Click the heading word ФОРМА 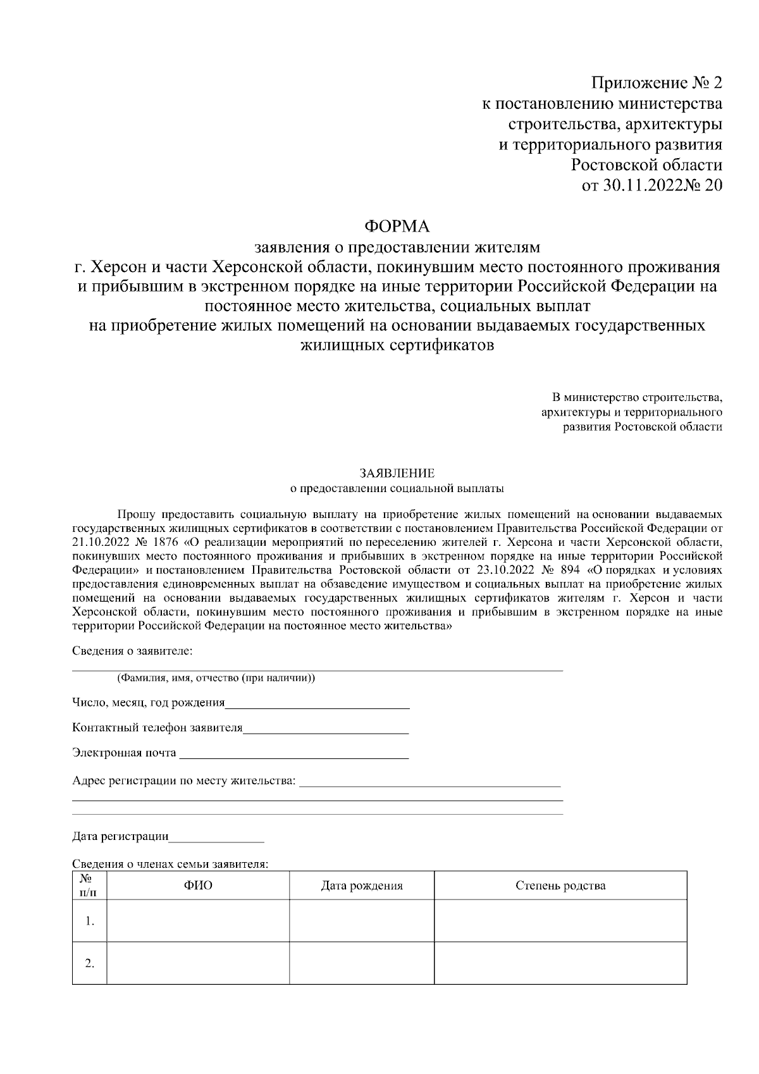[x=398, y=226]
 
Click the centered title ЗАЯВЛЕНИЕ [x=397, y=473]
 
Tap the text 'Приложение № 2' [x=657, y=83]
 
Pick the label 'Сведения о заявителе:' [x=132, y=651]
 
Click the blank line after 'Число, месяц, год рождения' [x=318, y=703]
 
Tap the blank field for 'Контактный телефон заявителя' [x=326, y=729]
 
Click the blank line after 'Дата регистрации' [x=216, y=838]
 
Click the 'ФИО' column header [x=198, y=886]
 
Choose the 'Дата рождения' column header [x=362, y=886]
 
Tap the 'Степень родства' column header [x=560, y=886]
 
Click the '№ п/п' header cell [x=89, y=886]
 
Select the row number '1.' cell [x=89, y=920]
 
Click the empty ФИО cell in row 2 [x=198, y=963]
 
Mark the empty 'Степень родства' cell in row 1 [x=560, y=920]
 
